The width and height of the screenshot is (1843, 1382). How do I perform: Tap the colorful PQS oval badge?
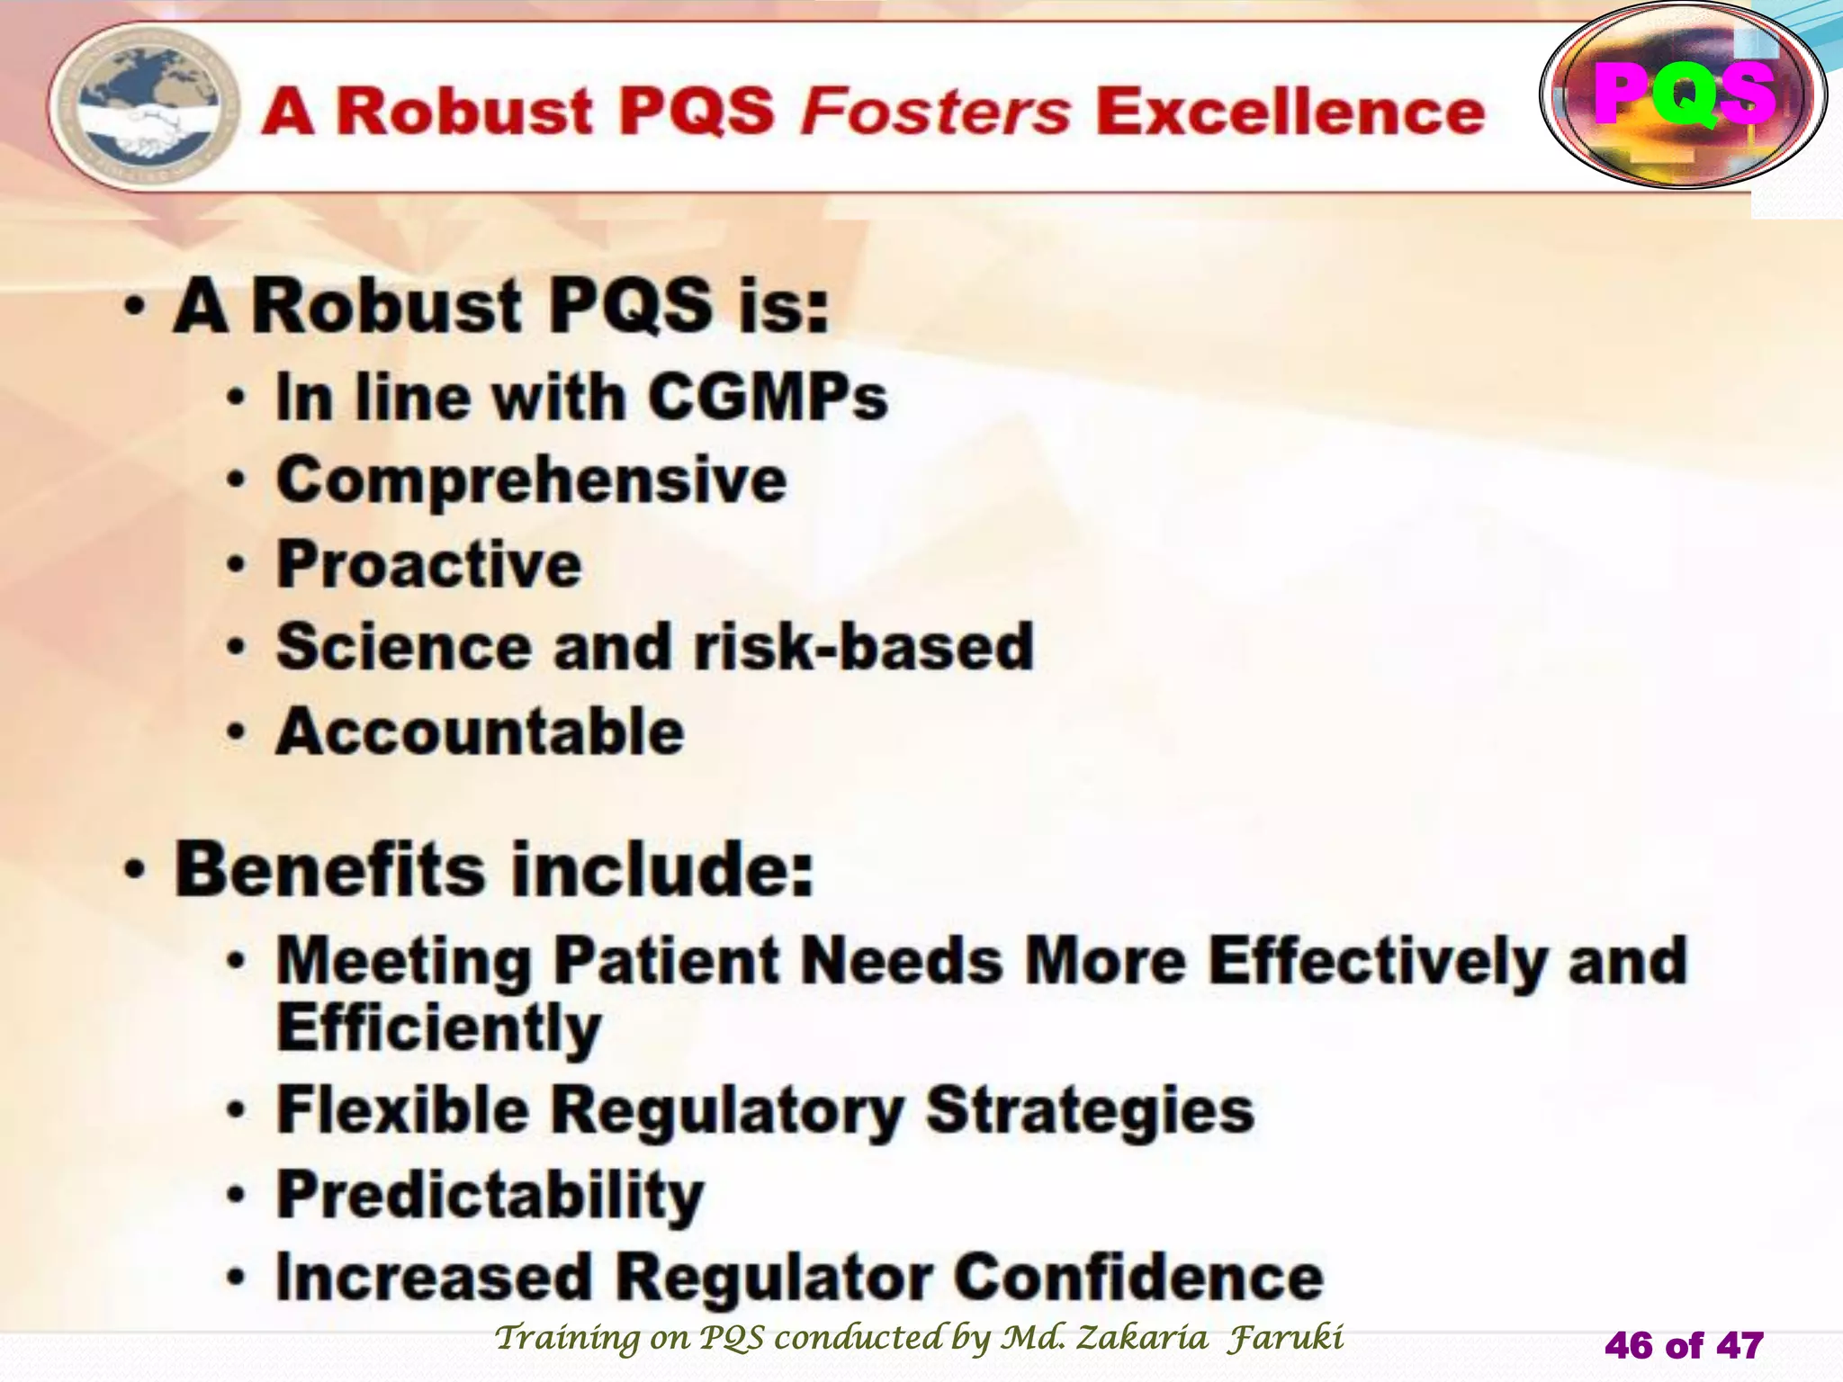point(1683,95)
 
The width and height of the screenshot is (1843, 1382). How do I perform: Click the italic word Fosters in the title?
point(936,112)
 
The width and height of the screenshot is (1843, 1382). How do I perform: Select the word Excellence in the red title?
point(1290,112)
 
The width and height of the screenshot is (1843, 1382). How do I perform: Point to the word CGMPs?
point(767,397)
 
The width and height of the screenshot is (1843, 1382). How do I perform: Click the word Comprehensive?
point(531,480)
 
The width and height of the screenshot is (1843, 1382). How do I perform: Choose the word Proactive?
point(429,565)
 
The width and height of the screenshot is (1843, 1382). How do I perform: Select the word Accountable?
point(480,731)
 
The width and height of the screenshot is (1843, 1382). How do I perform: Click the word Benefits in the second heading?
point(329,870)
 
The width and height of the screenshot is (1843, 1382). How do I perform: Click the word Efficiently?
point(438,1028)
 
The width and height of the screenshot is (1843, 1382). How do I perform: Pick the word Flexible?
point(402,1110)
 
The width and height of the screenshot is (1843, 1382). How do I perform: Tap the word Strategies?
point(1090,1110)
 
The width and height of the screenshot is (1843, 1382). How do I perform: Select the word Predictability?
point(490,1196)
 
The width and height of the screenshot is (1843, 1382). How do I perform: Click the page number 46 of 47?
point(1683,1346)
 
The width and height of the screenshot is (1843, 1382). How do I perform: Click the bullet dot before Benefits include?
point(135,871)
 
